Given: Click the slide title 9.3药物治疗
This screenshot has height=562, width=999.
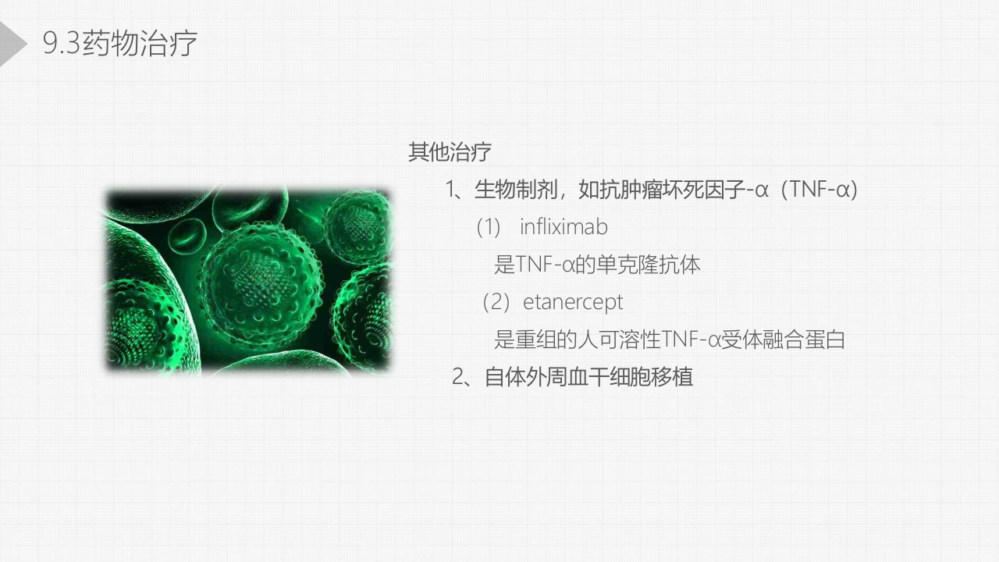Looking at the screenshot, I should coord(120,44).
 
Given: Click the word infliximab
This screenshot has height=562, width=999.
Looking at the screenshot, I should coord(563,227).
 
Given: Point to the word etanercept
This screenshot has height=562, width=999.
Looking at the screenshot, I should coord(573,301).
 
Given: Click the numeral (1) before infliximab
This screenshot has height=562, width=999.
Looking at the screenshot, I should coord(488,227).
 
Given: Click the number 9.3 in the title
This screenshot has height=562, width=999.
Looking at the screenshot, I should coord(62,44).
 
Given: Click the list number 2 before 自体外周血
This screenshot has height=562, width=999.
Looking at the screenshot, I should coord(458,377).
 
